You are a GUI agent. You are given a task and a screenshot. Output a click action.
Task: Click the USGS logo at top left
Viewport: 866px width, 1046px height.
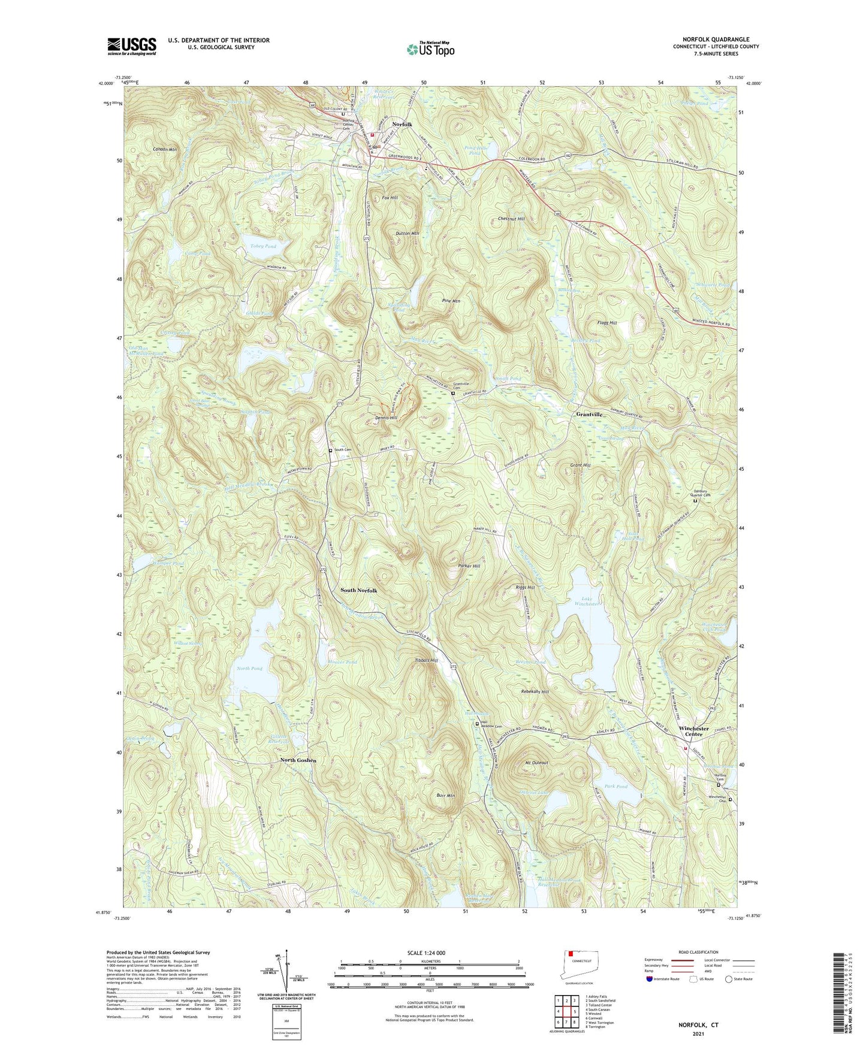pos(132,46)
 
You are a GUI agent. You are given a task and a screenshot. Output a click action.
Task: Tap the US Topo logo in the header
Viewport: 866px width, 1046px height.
pos(430,49)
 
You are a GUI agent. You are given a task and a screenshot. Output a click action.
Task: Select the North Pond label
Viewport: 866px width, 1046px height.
pos(249,668)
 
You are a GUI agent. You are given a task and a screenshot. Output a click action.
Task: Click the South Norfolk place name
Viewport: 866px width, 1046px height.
pos(359,590)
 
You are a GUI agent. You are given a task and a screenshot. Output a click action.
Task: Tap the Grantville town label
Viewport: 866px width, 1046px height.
pos(589,415)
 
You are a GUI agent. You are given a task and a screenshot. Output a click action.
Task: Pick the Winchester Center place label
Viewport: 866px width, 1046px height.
pos(693,731)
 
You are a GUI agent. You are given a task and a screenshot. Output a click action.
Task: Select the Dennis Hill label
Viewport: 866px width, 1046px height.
pos(386,418)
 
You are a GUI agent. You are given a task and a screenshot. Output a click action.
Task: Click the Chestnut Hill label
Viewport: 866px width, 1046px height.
pos(511,219)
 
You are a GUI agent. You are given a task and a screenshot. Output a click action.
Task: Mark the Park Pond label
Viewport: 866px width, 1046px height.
pos(616,786)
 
